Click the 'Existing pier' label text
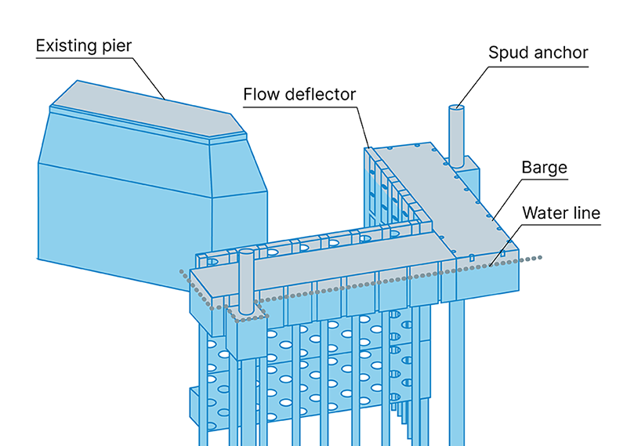click(84, 45)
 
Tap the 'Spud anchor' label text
click(538, 53)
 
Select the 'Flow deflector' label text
click(299, 95)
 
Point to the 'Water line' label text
click(560, 212)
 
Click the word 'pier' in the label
click(116, 45)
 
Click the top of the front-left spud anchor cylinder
click(246, 253)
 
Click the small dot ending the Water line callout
click(491, 265)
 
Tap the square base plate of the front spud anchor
click(248, 312)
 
